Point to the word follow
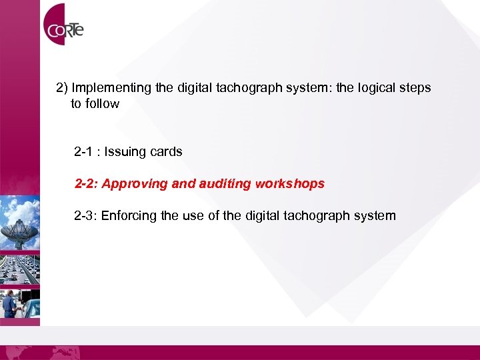[103, 104]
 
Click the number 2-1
[84, 152]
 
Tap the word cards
[166, 152]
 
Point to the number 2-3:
[86, 216]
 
